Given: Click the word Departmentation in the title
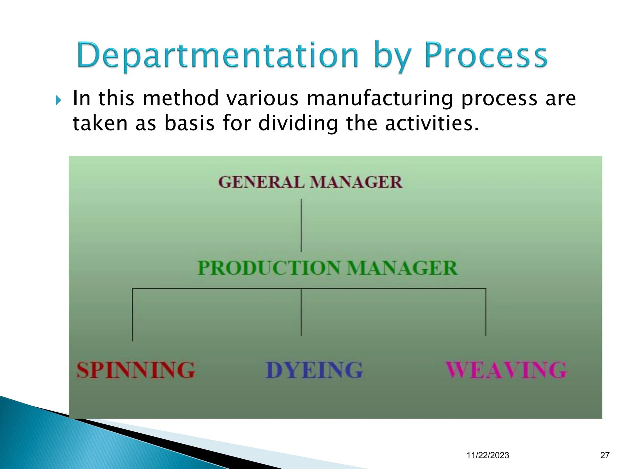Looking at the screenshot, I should pos(218,56).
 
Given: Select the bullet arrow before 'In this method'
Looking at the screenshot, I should pos(59,100).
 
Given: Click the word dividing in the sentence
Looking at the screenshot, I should pos(298,124).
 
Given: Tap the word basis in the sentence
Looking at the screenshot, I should pos(189,124).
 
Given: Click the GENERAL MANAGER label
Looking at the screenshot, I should pos(310,182).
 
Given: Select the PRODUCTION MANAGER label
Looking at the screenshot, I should pos(327,268).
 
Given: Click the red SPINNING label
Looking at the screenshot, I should pos(136,370).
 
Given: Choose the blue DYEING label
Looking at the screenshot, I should pos(314,370).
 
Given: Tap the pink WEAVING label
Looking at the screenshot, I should pos(506,370).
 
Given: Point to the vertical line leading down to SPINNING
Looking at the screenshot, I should pos(133,314).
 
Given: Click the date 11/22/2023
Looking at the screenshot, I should pos(488,455).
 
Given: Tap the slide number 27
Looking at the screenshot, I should pos(605,455).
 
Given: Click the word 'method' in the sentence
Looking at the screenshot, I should pos(181,99).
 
